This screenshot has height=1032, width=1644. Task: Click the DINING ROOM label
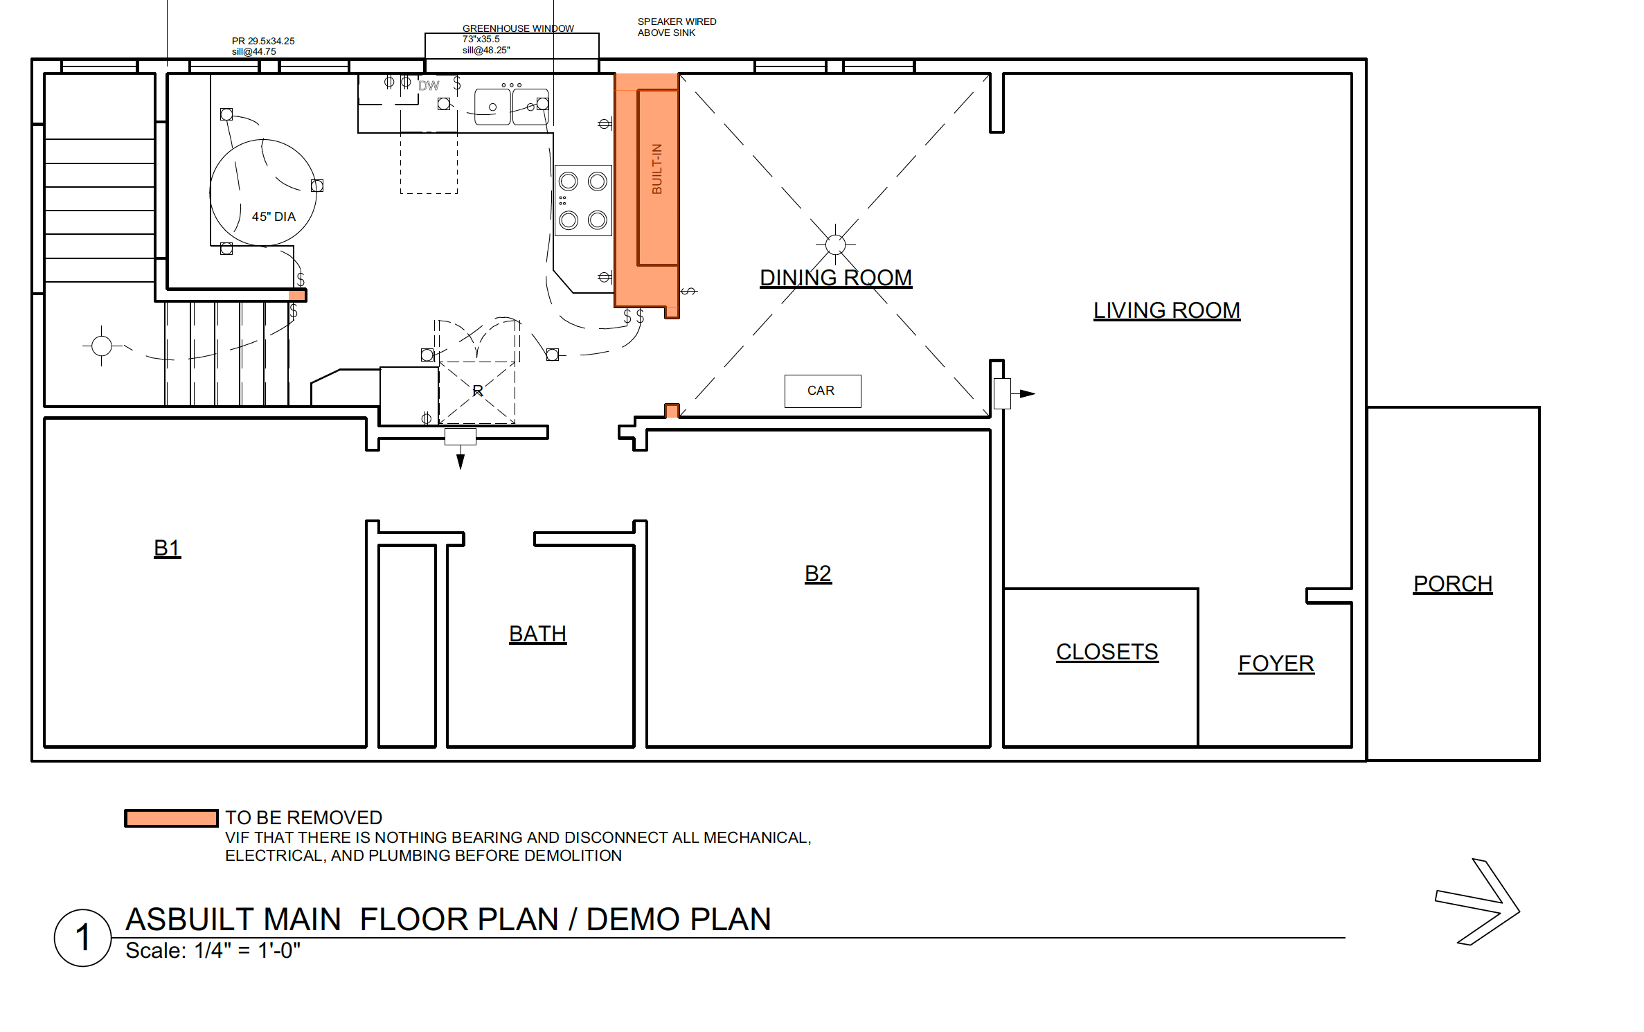coord(836,278)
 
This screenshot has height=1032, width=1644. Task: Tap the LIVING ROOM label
coord(1167,310)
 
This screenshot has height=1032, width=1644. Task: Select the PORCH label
coord(1453,584)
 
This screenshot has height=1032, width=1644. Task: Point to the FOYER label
coord(1276,664)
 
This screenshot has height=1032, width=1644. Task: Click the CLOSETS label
coord(1107,652)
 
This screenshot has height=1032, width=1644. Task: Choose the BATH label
coord(538,634)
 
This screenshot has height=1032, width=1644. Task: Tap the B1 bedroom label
coord(167,548)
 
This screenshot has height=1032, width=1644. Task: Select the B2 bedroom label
coord(818,573)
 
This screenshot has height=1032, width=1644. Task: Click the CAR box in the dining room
coord(823,391)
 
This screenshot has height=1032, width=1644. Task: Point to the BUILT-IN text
coord(657,169)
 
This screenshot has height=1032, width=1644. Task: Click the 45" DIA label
coord(274,217)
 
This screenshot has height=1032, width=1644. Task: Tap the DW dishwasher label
coord(429,86)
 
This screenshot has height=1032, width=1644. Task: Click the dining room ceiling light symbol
coord(836,244)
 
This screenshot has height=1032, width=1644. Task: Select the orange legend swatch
coord(171,818)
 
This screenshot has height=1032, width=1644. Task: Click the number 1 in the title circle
coord(82,938)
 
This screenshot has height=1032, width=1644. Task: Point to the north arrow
coord(1478,902)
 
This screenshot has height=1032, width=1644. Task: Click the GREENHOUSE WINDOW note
coord(518,28)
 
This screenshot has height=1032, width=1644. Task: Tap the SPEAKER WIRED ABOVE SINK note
coord(677,27)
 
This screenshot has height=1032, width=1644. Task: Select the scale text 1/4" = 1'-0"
coord(248,950)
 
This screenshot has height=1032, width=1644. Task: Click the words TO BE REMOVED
coord(304,817)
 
